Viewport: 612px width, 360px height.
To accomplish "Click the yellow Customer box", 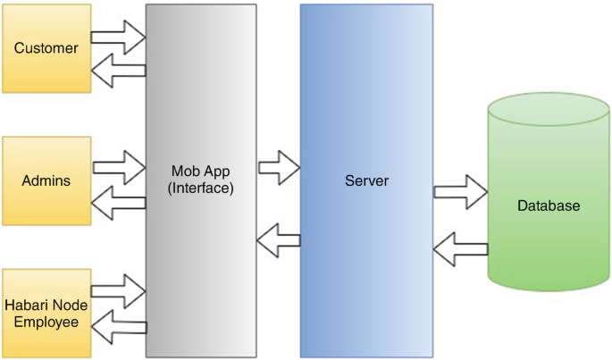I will [46, 48].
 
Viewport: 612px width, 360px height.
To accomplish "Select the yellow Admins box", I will [46, 181].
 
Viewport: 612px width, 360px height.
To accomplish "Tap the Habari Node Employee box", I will [46, 313].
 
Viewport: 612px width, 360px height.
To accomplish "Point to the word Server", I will [366, 181].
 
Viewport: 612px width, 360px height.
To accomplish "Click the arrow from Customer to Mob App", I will [120, 38].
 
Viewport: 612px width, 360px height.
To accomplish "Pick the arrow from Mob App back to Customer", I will [120, 71].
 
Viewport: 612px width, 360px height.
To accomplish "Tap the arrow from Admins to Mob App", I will [120, 166].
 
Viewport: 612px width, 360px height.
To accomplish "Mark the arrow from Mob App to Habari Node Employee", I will [120, 327].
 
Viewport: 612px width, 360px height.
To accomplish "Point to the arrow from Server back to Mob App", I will [278, 238].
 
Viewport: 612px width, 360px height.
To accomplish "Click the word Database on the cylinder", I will [549, 206].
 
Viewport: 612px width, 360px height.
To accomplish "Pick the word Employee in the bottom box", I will [46, 322].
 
